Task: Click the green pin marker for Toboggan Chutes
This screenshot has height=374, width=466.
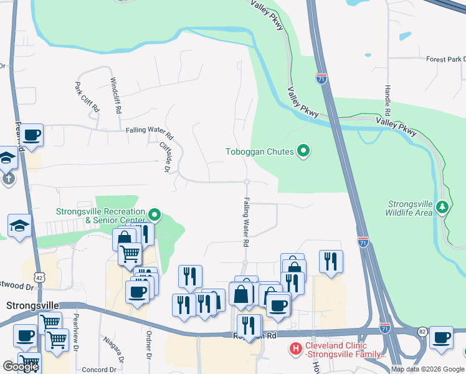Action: tap(303, 151)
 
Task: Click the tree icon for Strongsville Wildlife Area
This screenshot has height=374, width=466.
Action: tap(443, 206)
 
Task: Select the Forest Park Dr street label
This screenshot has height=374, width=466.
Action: tap(445, 59)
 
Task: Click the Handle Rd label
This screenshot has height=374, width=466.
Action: tap(387, 100)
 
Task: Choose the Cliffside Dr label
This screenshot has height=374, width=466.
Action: tap(164, 156)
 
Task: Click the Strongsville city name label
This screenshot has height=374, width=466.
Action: tap(32, 306)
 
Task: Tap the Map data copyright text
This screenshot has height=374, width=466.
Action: tap(427, 369)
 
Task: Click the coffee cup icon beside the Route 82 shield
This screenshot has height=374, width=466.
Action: tap(441, 337)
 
